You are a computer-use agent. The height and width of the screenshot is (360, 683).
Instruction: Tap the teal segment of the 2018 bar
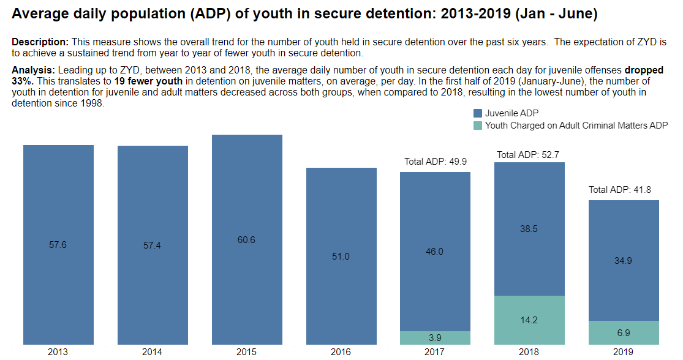click(x=529, y=320)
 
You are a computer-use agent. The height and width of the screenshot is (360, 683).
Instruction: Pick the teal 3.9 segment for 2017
click(x=435, y=338)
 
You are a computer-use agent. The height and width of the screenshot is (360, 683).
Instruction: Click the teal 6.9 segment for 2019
click(x=624, y=332)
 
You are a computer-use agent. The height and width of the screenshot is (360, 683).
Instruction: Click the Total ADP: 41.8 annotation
click(x=620, y=190)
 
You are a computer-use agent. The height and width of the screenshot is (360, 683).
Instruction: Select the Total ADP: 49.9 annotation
click(x=435, y=162)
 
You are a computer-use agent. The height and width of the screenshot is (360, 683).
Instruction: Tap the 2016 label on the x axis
click(x=341, y=352)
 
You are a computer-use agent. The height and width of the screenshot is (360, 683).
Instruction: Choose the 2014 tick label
click(x=153, y=352)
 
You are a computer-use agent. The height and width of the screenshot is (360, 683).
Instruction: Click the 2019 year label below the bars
click(x=624, y=352)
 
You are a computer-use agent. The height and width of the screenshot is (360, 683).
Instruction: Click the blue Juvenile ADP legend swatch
click(x=478, y=113)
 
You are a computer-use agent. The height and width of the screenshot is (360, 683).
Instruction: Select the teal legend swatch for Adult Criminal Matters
click(x=478, y=126)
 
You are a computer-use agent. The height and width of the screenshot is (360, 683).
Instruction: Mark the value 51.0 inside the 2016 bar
click(x=341, y=257)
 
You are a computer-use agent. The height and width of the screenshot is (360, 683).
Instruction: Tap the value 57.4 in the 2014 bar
click(x=153, y=245)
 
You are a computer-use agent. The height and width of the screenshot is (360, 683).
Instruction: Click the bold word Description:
click(x=40, y=42)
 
